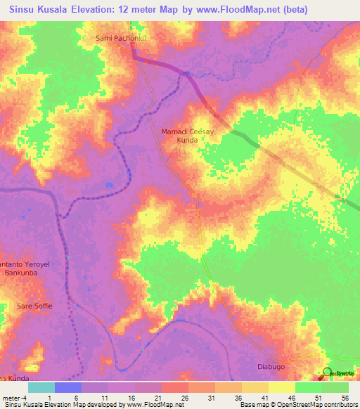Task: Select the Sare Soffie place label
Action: click(x=34, y=306)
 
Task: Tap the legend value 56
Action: click(x=345, y=398)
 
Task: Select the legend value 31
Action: click(x=210, y=398)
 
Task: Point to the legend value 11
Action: click(x=103, y=398)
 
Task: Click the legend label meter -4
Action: click(x=15, y=398)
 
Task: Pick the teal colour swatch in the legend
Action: click(x=41, y=387)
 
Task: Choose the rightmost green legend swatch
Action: click(x=335, y=387)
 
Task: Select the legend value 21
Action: click(x=157, y=398)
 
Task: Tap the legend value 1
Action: click(x=50, y=398)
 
